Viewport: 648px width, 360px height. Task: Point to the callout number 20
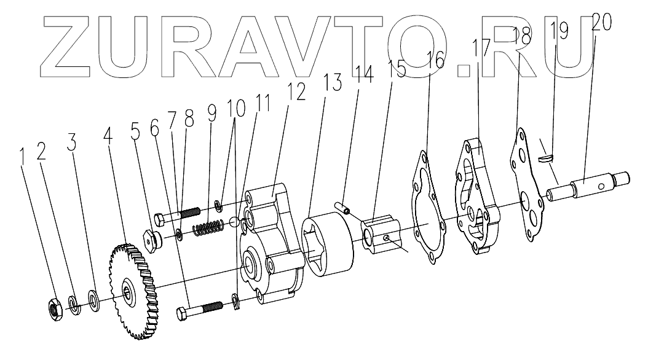pos(602,23)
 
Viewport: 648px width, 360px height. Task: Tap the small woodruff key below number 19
pos(545,158)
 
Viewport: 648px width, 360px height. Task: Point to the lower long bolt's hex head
pos(182,313)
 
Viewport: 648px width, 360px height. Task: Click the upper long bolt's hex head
pos(156,218)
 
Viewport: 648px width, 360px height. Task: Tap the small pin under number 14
pos(342,208)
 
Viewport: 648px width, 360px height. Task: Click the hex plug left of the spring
pos(151,238)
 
